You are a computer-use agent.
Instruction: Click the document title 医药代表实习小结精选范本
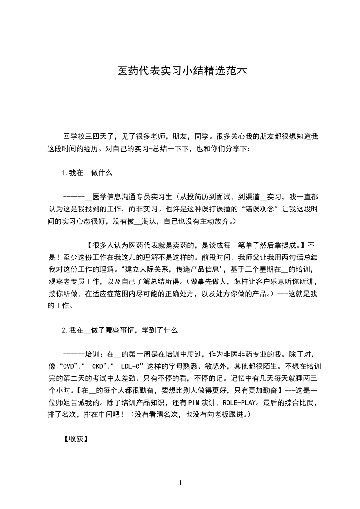182,71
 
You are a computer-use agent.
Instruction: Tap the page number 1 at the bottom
180,483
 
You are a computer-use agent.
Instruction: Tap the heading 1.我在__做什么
87,172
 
